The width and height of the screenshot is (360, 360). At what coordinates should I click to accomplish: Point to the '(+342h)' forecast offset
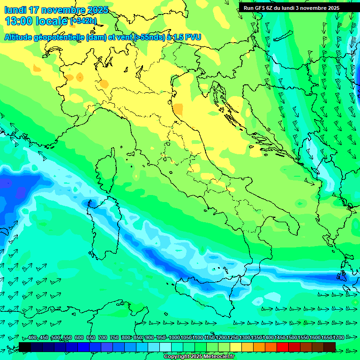click(83, 21)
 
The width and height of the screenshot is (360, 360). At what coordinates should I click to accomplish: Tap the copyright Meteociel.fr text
click(199, 356)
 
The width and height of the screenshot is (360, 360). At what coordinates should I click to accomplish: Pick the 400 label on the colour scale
click(32, 337)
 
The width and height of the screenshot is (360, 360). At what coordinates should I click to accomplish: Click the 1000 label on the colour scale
click(174, 337)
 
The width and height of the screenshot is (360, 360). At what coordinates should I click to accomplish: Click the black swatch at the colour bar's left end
click(25, 347)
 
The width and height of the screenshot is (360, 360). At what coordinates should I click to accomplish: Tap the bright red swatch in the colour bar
click(283, 347)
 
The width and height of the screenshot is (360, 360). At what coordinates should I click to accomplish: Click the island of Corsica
click(107, 171)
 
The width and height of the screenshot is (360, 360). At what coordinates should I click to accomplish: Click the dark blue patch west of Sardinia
click(16, 185)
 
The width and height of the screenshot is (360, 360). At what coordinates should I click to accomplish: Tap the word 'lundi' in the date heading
click(15, 10)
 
